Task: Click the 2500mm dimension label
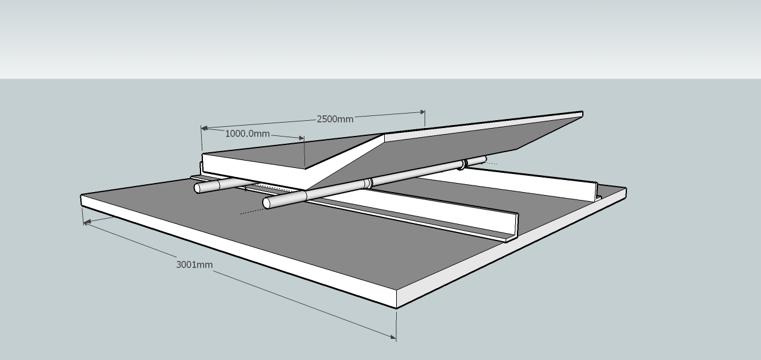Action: pyautogui.click(x=335, y=119)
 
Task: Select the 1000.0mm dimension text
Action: pyautogui.click(x=247, y=133)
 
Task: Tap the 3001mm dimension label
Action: pyautogui.click(x=194, y=265)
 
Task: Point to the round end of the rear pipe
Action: pyautogui.click(x=197, y=188)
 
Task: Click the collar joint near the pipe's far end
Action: pyautogui.click(x=463, y=164)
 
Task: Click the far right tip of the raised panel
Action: pyautogui.click(x=582, y=113)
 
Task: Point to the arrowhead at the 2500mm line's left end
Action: pyautogui.click(x=205, y=128)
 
